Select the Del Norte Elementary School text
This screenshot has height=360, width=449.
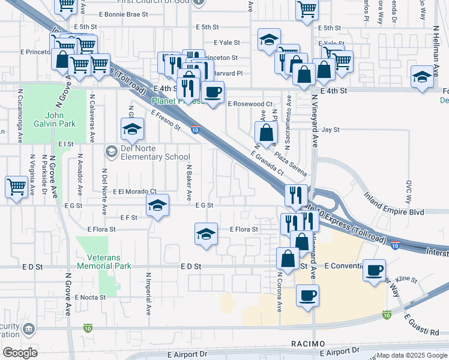[x=147, y=152]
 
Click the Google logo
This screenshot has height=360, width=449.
[x=20, y=352]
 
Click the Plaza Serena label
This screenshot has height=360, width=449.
[x=291, y=160]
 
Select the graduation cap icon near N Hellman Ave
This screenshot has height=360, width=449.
[x=422, y=76]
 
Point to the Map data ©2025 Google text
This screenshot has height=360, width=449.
[x=412, y=355]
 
